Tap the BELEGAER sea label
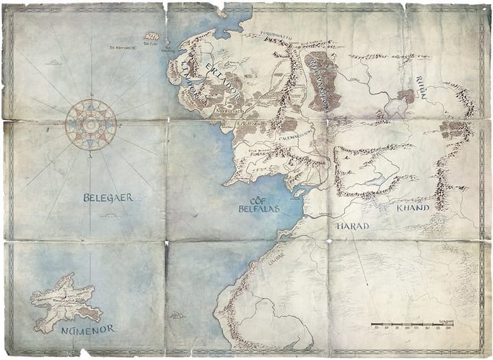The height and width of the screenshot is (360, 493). click(108, 198)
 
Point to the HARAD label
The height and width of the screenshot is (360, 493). click(353, 226)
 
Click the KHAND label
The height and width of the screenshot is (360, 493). click(412, 207)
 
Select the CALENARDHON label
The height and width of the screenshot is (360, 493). click(295, 135)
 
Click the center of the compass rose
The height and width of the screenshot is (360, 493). click(90, 125)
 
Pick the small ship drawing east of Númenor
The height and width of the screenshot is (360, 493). click(177, 316)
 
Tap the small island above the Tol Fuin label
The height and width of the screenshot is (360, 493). click(152, 36)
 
